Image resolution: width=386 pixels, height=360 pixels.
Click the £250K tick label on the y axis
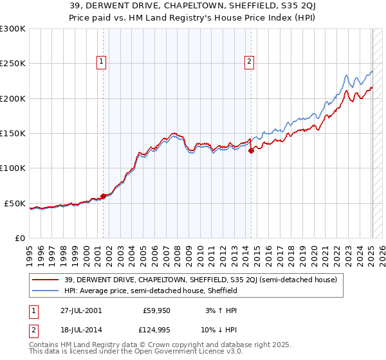(x=13, y=64)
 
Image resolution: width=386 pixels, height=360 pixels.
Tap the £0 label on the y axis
(x=19, y=238)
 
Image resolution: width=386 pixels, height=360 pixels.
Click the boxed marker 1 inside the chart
(x=102, y=62)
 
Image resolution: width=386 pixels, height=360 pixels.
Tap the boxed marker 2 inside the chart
(x=249, y=62)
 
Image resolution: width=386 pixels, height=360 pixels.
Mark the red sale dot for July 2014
(x=251, y=151)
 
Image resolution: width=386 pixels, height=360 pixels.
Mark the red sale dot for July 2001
(x=103, y=197)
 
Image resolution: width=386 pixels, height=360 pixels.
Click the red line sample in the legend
(x=46, y=280)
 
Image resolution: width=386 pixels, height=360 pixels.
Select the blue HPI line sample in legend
(x=46, y=291)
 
